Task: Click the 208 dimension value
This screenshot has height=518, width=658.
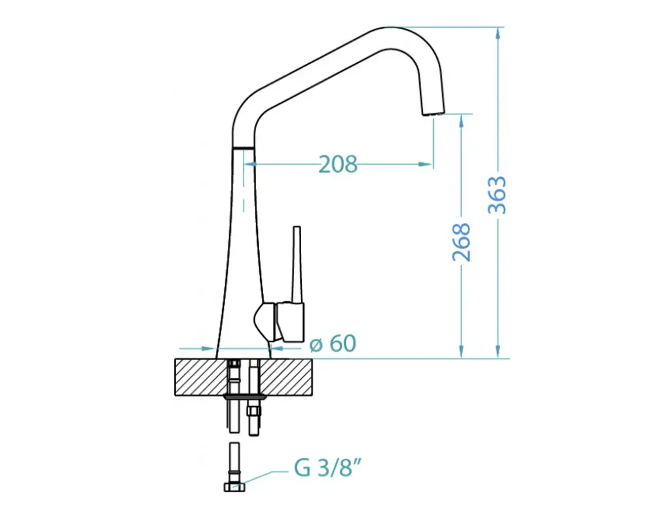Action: (x=338, y=164)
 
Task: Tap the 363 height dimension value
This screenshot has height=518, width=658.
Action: (x=497, y=195)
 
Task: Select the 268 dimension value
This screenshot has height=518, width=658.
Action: (x=461, y=242)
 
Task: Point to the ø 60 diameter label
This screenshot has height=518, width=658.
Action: (x=333, y=343)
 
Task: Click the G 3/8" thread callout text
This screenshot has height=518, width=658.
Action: (x=327, y=467)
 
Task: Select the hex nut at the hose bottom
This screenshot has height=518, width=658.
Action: (x=234, y=487)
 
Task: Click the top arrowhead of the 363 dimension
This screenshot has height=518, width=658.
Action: (x=498, y=33)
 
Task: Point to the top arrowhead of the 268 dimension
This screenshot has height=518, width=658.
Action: (x=462, y=120)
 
